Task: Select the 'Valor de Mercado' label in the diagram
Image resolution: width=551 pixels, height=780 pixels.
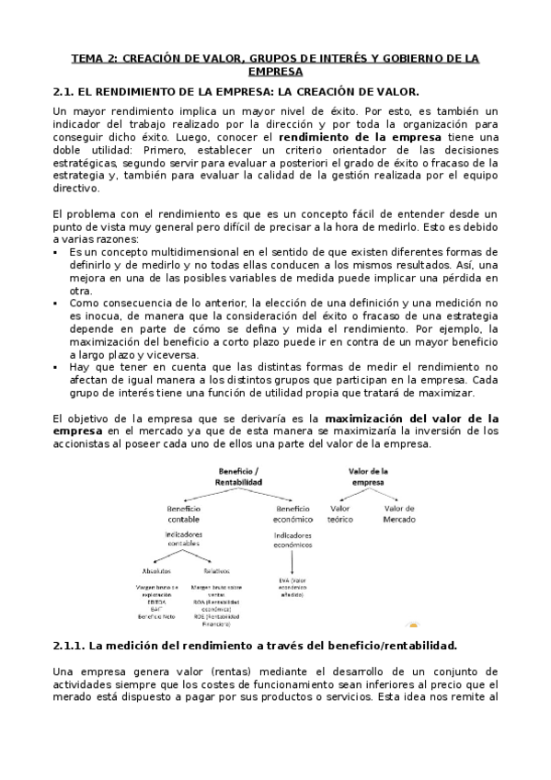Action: (x=399, y=512)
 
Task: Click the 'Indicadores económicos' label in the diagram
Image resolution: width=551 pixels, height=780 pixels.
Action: (x=293, y=539)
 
